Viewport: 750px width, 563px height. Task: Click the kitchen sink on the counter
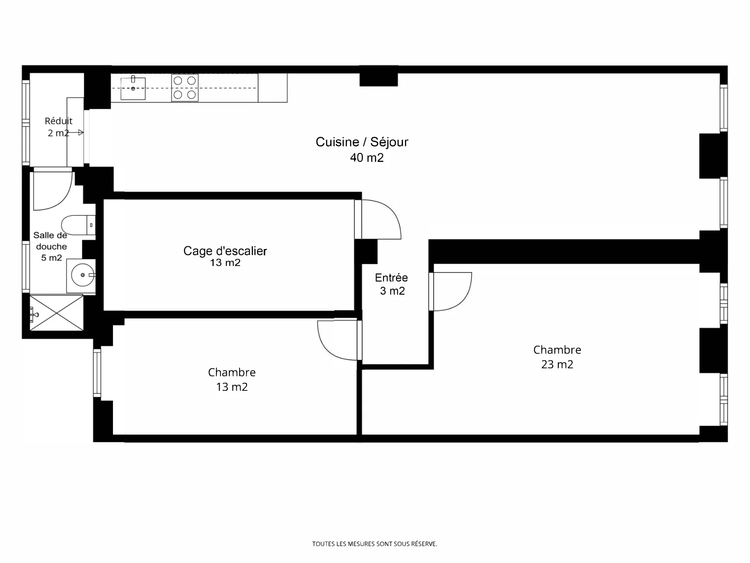[133, 88]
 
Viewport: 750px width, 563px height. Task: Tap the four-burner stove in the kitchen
[185, 88]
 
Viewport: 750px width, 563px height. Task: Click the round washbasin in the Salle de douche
[82, 275]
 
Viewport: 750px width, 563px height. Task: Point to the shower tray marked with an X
[57, 313]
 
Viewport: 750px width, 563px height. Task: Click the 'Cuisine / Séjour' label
[362, 142]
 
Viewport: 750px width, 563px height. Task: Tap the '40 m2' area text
[367, 158]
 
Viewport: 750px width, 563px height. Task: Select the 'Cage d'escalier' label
[225, 251]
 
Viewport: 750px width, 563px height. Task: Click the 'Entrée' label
[391, 277]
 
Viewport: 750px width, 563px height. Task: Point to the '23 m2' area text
[557, 365]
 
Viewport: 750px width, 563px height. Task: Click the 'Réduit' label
[59, 121]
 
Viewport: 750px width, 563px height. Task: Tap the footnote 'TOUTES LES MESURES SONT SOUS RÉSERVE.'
[375, 544]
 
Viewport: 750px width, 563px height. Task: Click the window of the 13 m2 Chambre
[97, 373]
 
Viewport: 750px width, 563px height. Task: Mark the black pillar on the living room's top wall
[379, 80]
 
